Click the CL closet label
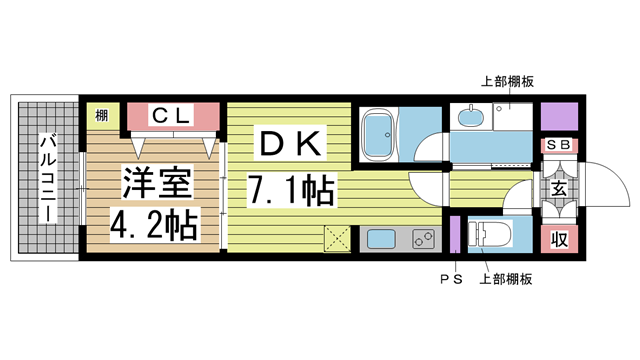172,116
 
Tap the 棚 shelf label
102,116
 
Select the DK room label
290,143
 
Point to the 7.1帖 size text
291,189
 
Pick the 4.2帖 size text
154,224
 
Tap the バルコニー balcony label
48,178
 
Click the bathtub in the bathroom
378,135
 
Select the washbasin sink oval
471,117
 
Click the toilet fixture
490,234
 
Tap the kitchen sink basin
381,239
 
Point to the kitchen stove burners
424,239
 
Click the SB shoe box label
559,145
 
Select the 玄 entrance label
559,189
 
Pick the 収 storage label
559,239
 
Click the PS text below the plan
451,279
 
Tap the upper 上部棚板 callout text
507,82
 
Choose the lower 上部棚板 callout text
506,279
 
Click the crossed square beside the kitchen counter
338,238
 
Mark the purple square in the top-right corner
559,117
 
